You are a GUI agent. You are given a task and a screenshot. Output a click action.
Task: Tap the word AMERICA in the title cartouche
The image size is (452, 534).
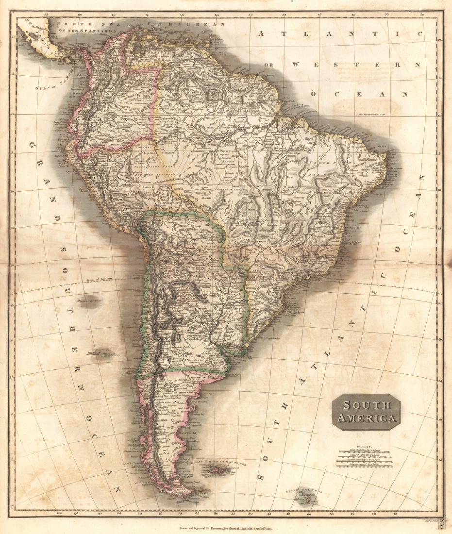367,417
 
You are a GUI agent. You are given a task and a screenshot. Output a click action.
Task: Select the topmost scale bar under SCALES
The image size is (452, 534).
365,450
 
